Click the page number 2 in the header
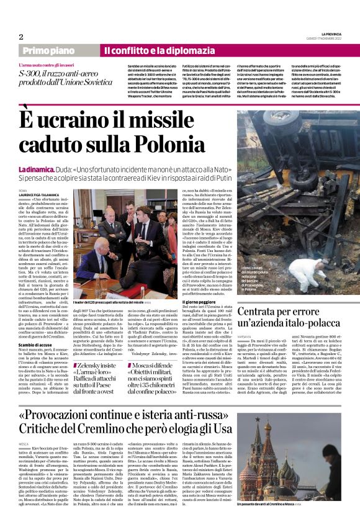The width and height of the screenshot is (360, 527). [x=21, y=37]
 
